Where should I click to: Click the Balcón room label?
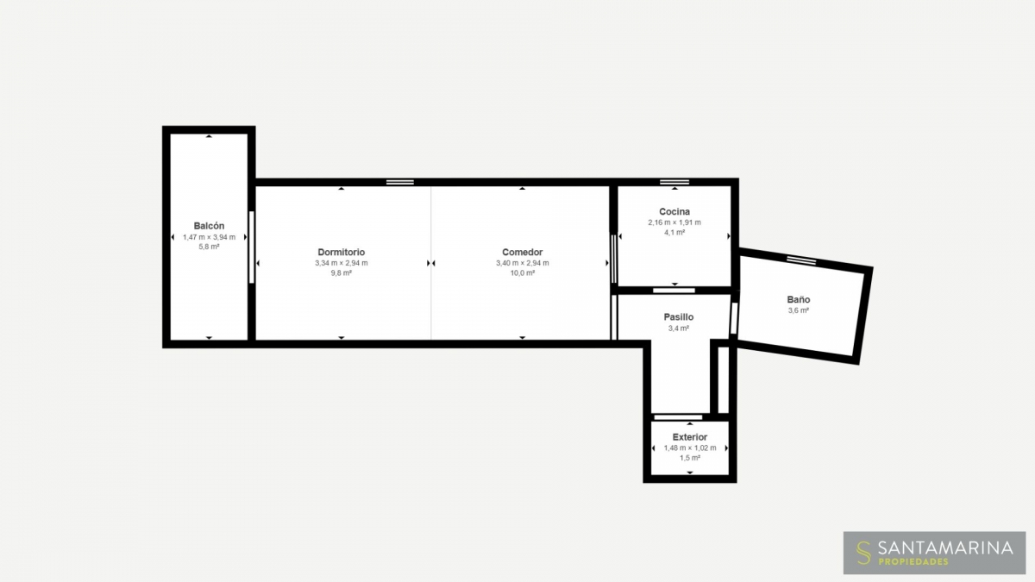(x=209, y=226)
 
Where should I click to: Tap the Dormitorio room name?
(x=341, y=252)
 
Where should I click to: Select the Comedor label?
(x=522, y=252)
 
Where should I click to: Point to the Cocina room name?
(x=674, y=211)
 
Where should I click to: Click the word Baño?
(x=799, y=299)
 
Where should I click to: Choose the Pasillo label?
(x=678, y=317)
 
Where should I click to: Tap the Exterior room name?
(x=690, y=437)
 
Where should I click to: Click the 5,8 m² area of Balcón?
(x=209, y=247)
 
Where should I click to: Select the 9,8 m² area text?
(x=341, y=273)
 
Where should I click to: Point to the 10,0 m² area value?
(x=522, y=273)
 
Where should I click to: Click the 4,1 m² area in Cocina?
(x=674, y=232)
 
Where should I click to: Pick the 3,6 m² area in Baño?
(x=799, y=310)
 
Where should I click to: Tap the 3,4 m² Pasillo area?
(x=678, y=329)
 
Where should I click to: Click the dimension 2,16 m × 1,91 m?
(x=674, y=222)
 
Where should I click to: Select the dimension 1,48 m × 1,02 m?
(x=690, y=447)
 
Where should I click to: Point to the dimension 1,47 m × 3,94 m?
(x=209, y=237)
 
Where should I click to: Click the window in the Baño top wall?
(x=801, y=260)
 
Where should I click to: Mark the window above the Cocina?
(x=674, y=182)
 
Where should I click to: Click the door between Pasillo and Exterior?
(x=678, y=417)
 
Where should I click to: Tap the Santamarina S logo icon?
(x=863, y=553)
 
